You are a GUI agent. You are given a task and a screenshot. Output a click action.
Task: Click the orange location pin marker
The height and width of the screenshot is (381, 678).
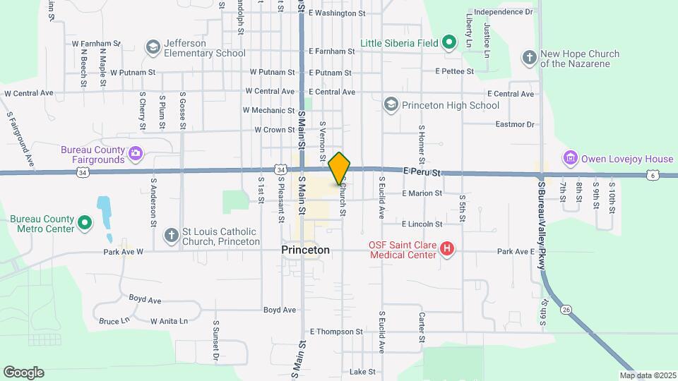340,168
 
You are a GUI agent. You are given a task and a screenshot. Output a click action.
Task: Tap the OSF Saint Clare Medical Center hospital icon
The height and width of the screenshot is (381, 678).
446,249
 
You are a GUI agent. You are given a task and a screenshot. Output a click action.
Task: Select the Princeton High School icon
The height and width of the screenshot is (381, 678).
391,105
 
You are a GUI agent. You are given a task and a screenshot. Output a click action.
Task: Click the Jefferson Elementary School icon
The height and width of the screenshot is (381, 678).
153,47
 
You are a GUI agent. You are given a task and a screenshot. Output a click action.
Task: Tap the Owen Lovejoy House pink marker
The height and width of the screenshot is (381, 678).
570,158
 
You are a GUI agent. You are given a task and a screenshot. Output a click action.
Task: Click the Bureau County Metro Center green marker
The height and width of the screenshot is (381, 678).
85,224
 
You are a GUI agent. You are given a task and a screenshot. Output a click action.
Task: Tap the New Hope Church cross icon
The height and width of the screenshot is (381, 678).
529,57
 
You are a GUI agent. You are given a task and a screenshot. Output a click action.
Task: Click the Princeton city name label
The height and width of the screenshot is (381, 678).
305,250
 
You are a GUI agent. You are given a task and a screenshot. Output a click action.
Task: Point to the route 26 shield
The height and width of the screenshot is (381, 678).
566,309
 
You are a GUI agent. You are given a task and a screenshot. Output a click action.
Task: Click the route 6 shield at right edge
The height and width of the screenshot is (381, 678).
653,174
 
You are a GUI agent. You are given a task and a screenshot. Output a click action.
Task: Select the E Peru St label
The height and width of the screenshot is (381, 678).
422,171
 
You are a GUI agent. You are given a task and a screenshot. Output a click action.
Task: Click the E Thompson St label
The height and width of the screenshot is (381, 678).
336,332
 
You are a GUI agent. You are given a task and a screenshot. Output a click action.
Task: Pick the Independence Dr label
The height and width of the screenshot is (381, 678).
504,12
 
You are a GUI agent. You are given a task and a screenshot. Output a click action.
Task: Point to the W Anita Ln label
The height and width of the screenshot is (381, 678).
169,321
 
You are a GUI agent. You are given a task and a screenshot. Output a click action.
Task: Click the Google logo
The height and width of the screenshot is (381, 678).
23,373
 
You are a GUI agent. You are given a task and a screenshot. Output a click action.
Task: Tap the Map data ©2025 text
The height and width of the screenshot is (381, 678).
647,375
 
